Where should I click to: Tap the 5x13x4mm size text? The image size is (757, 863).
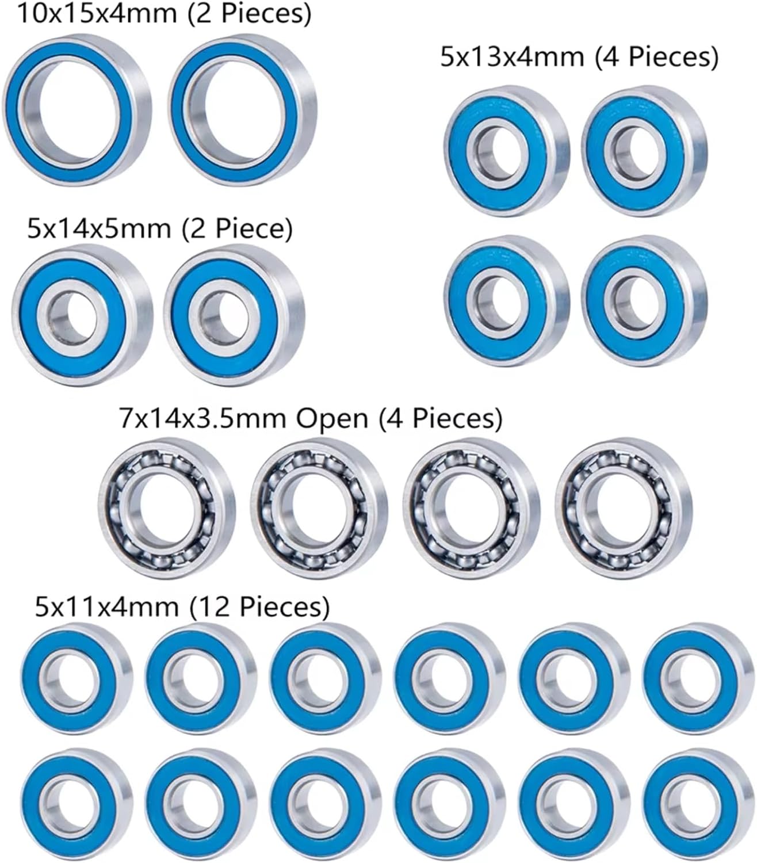coord(509,58)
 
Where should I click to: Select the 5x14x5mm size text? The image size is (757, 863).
coord(98,229)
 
